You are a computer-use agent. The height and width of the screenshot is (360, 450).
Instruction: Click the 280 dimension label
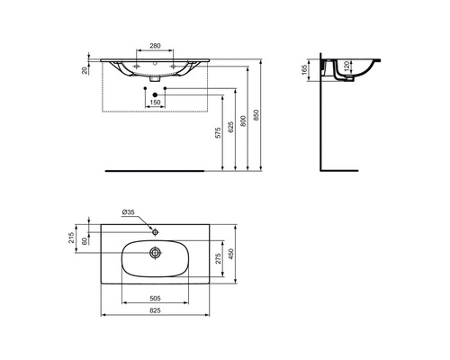[x=155, y=46]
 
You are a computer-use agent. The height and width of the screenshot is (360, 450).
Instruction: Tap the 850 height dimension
[x=256, y=115]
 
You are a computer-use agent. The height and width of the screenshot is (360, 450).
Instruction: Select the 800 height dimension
[x=243, y=121]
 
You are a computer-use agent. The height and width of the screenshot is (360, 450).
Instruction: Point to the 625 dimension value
[x=230, y=127]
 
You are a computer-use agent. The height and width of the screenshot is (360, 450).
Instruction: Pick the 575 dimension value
[x=219, y=133]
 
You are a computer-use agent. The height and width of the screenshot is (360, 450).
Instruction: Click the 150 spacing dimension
[x=155, y=103]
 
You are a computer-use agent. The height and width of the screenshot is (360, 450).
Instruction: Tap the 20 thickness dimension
[x=85, y=70]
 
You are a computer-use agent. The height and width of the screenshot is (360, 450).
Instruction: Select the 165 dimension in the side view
[x=305, y=70]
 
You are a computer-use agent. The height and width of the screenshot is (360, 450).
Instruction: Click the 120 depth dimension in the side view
[x=346, y=66]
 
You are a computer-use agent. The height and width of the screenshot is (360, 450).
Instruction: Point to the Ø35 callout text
[x=129, y=212]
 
